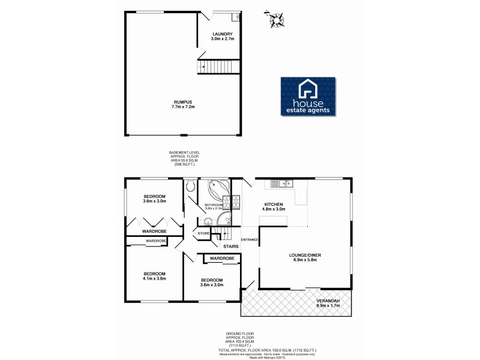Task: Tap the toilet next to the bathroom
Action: (x=190, y=187)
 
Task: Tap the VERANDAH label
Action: (x=328, y=301)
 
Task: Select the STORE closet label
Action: (x=203, y=233)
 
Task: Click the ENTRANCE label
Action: (x=250, y=240)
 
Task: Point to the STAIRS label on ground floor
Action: (x=231, y=246)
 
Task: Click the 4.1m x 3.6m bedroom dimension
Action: (x=154, y=278)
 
